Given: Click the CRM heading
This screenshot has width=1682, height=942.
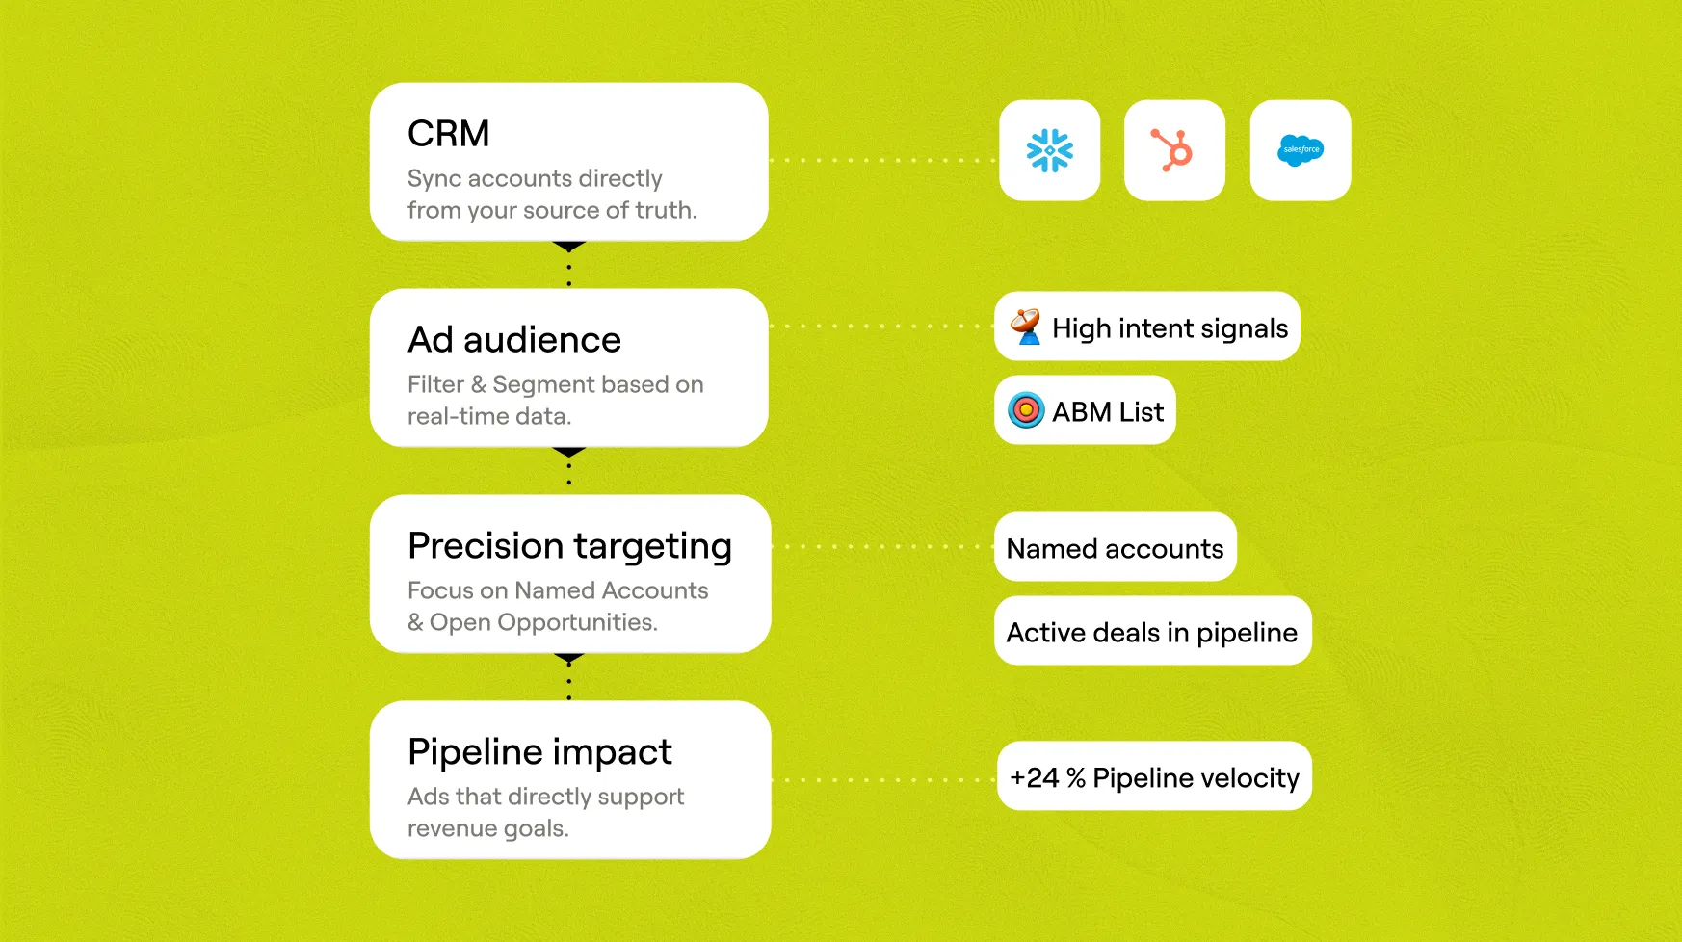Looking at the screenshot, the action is click(x=448, y=134).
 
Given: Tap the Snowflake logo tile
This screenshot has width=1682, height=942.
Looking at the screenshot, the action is click(x=1049, y=150).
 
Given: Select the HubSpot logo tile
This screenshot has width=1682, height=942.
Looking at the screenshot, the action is click(x=1174, y=150).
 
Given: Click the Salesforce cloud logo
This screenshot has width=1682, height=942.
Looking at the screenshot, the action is click(x=1301, y=150).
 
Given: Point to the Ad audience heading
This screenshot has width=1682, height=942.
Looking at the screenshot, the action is click(x=514, y=340).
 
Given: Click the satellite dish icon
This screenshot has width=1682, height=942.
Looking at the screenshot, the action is click(x=1026, y=327).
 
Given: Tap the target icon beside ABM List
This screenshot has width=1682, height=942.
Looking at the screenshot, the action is click(x=1026, y=410).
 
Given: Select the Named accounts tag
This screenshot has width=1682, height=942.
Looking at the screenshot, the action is click(x=1115, y=548).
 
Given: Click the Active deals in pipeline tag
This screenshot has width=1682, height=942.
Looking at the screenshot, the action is click(x=1152, y=632).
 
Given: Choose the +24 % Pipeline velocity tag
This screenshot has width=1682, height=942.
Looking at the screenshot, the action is click(x=1154, y=777).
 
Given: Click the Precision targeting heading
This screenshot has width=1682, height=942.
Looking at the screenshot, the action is click(x=569, y=546).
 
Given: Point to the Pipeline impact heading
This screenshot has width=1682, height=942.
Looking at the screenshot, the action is click(x=539, y=752).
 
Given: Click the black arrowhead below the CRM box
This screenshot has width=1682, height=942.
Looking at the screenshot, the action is click(x=569, y=247).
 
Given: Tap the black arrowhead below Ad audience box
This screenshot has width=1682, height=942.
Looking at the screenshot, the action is click(x=569, y=452).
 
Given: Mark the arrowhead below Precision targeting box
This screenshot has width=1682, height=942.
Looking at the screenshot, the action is click(x=569, y=659).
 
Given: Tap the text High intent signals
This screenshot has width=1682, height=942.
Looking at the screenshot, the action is click(x=1170, y=328).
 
